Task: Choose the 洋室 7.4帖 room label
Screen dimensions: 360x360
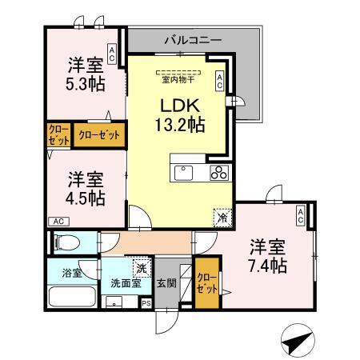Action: [266, 254]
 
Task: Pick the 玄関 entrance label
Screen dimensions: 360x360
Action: [166, 282]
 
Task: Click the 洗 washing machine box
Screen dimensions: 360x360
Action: [141, 267]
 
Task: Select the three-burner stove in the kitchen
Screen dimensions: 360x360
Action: [220, 172]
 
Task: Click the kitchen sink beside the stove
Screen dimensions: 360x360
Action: [183, 171]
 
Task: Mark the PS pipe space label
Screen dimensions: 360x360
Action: [146, 303]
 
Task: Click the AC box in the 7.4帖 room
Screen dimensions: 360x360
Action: [300, 214]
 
